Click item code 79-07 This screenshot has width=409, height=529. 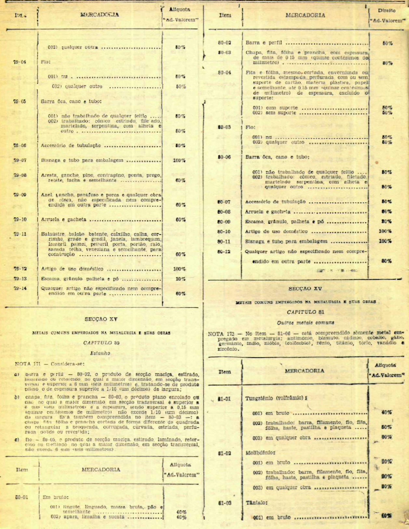(20, 160)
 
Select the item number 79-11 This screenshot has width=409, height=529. (20, 234)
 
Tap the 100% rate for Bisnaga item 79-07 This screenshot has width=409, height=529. (179, 160)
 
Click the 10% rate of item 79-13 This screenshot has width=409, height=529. (180, 279)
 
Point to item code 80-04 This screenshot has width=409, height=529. (224, 72)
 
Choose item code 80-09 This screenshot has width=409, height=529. (224, 222)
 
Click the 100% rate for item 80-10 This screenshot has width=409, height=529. (385, 231)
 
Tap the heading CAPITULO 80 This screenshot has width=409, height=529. (101, 343)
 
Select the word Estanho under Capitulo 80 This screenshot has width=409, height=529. (100, 353)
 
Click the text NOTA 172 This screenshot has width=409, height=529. (221, 334)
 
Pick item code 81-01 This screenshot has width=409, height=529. (224, 398)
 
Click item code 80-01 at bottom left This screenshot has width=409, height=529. (22, 497)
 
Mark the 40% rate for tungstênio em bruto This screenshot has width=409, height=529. (387, 412)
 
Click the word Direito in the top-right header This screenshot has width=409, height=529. (387, 10)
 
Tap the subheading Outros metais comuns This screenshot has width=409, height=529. (301, 322)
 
